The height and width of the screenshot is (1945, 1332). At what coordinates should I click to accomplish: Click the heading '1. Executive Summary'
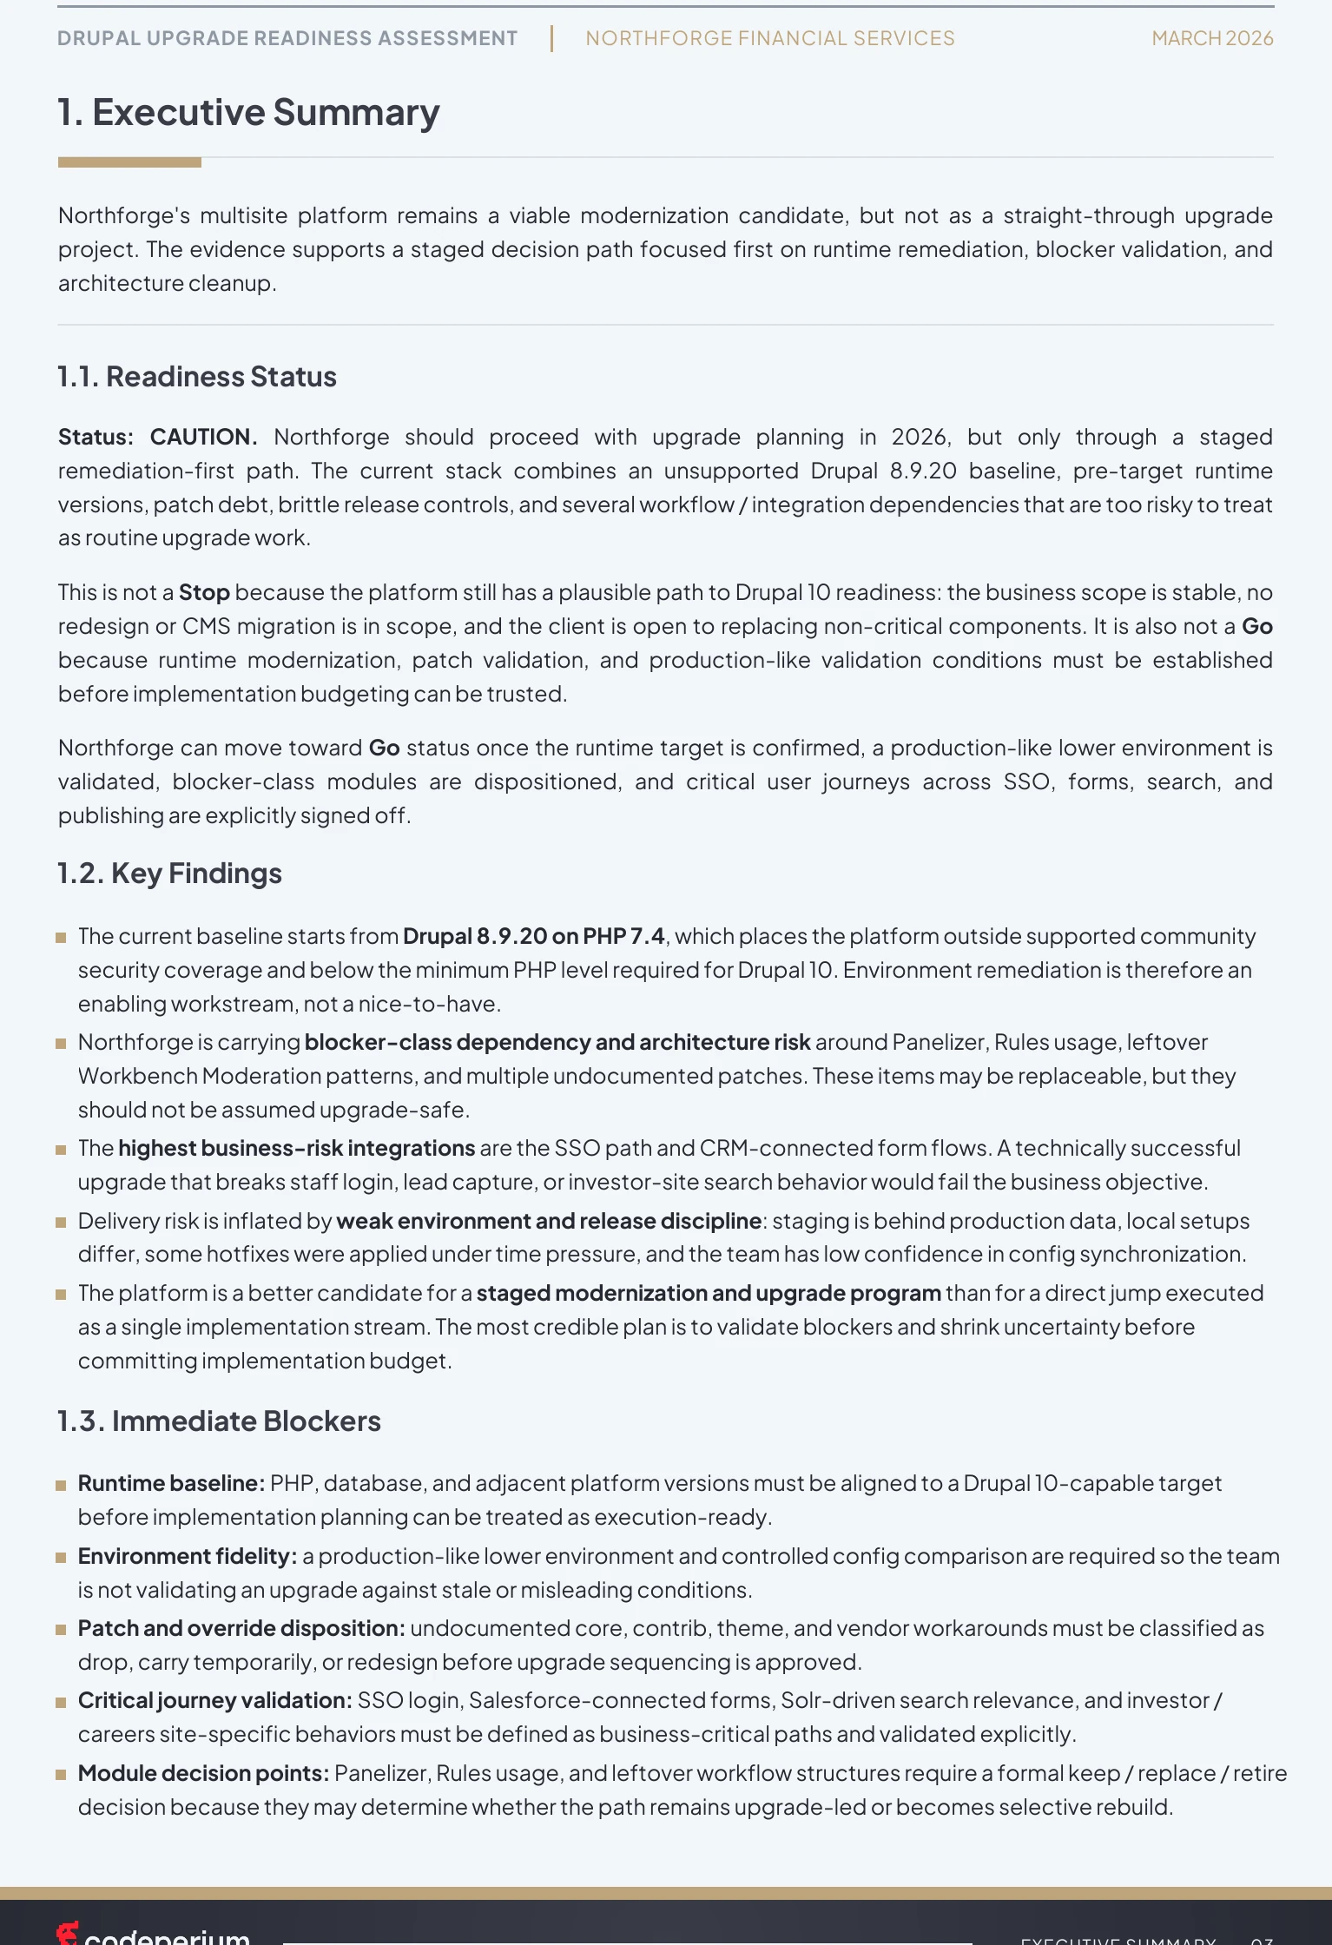coord(248,113)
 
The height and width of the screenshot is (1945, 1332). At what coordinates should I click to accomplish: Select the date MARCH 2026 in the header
coord(1211,38)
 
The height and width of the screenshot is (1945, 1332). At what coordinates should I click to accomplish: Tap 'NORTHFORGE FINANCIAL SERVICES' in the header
coord(769,38)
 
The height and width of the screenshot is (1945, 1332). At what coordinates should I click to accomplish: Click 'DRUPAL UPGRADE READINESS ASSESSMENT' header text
coord(287,38)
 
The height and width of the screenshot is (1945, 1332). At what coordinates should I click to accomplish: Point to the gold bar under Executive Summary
coord(129,162)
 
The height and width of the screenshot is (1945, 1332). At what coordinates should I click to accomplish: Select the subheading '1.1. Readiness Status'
coord(197,377)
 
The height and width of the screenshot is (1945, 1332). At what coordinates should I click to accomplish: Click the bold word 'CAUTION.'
coord(203,437)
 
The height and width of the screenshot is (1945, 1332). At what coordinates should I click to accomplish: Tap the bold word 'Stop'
coord(204,592)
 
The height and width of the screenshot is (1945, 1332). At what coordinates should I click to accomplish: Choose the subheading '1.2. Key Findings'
coord(169,874)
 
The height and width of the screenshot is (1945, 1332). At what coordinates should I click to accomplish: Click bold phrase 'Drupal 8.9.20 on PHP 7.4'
coord(533,936)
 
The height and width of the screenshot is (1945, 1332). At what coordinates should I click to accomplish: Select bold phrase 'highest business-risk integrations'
coord(296,1148)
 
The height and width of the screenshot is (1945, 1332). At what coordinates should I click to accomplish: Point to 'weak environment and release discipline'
coord(549,1221)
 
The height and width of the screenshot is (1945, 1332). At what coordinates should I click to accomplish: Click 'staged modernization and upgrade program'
coord(709,1293)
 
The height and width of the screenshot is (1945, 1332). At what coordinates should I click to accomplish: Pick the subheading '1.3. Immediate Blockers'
coord(219,1421)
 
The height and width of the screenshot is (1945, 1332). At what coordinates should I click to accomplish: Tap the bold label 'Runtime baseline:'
coord(171,1483)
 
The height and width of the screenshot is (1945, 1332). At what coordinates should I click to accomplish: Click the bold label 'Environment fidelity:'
coord(188,1556)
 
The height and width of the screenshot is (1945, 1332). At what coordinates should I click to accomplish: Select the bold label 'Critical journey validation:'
coord(214,1700)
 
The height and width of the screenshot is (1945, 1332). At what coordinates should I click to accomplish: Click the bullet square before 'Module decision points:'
coord(61,1775)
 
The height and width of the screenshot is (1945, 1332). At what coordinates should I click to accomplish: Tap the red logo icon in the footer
coord(67,1934)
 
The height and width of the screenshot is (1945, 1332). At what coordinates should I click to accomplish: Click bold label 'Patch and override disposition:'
coord(241,1628)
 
